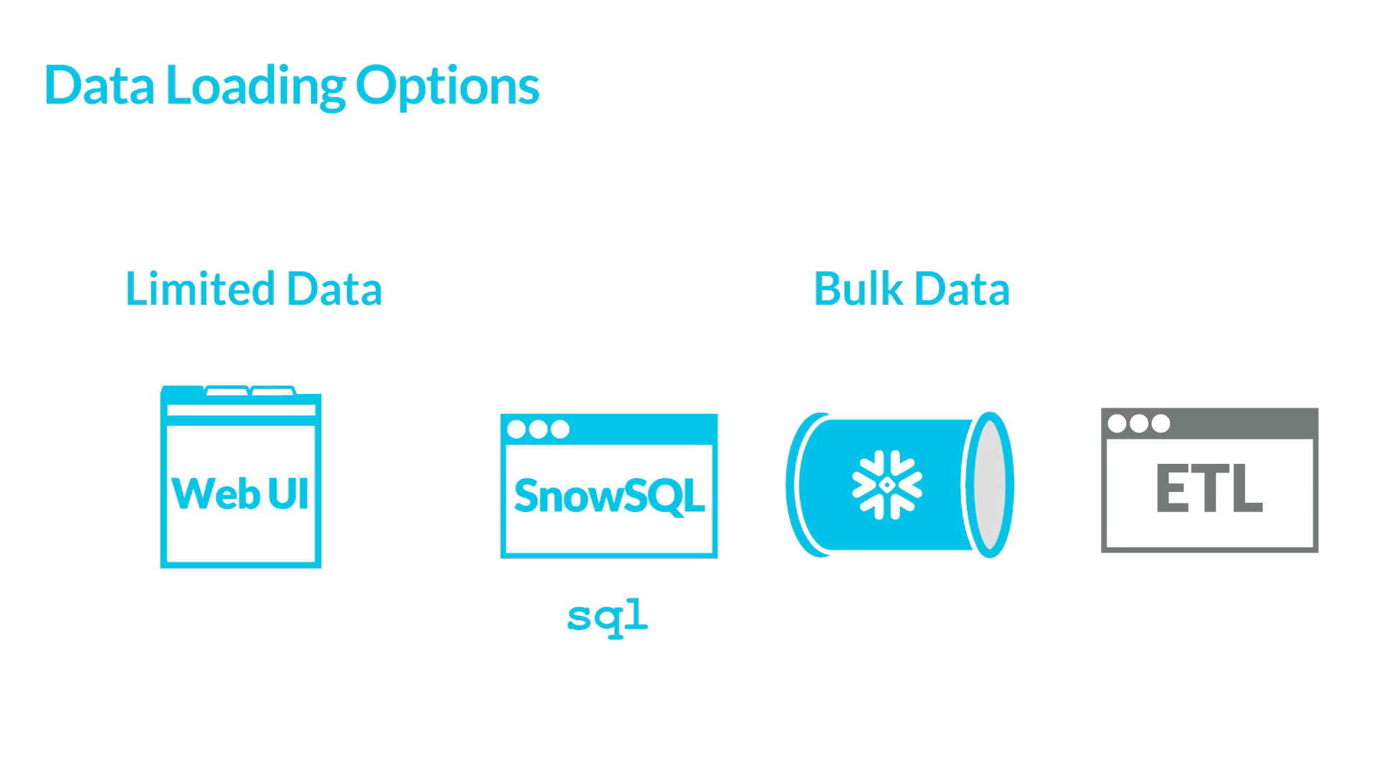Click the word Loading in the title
(x=256, y=86)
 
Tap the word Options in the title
(x=447, y=86)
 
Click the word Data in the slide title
(x=99, y=86)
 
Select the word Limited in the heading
(x=199, y=289)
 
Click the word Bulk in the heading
(x=858, y=289)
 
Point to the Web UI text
(x=240, y=494)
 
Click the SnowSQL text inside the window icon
(x=609, y=496)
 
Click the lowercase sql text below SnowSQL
(x=608, y=617)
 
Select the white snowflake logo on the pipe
(x=886, y=485)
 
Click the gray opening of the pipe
(x=991, y=485)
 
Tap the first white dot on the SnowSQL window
(x=516, y=429)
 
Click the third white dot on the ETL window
(x=1161, y=424)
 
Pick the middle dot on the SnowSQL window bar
(x=538, y=429)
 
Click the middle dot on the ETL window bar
(x=1139, y=424)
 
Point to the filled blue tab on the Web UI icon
(x=182, y=391)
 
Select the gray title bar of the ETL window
(x=1238, y=424)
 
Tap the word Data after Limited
(x=334, y=289)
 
